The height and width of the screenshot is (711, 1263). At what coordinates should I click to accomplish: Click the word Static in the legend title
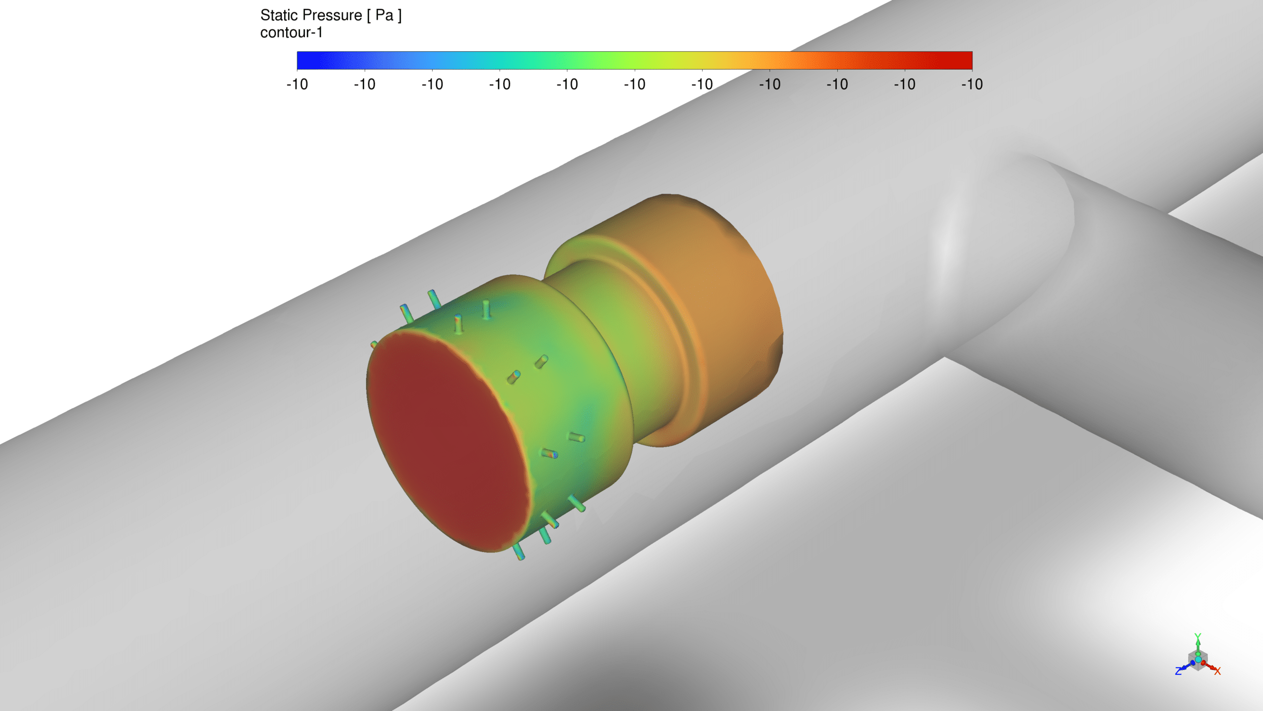pos(279,15)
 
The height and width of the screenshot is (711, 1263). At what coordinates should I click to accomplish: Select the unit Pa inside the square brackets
pos(384,15)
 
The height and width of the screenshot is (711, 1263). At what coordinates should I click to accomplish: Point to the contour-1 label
pos(292,33)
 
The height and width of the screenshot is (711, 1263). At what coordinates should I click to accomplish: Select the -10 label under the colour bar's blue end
pos(297,84)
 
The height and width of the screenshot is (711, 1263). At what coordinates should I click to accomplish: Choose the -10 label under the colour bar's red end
pos(972,84)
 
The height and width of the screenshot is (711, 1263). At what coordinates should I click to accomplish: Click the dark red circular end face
pos(446,439)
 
